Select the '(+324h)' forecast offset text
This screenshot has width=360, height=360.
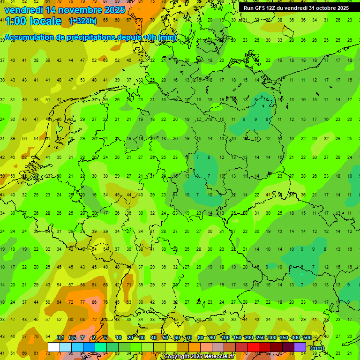(x=83, y=21)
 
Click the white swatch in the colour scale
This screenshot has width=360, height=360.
(x=54, y=347)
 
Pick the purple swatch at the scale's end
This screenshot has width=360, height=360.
(x=300, y=347)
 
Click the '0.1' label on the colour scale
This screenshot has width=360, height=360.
(x=60, y=337)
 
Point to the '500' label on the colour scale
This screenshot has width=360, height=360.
(x=307, y=337)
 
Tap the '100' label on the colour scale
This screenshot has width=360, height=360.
(x=225, y=337)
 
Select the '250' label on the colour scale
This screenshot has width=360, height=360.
(x=260, y=337)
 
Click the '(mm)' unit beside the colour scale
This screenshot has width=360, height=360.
(x=317, y=348)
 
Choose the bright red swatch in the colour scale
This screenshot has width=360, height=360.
(x=253, y=347)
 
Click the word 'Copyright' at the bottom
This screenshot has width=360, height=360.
(x=177, y=357)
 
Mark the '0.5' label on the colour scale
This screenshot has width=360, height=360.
(x=72, y=337)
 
